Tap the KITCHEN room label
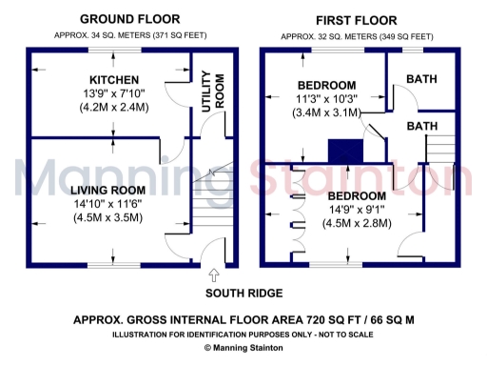coord(114,79)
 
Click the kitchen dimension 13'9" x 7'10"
coord(114,93)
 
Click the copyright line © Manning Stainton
coord(243,349)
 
